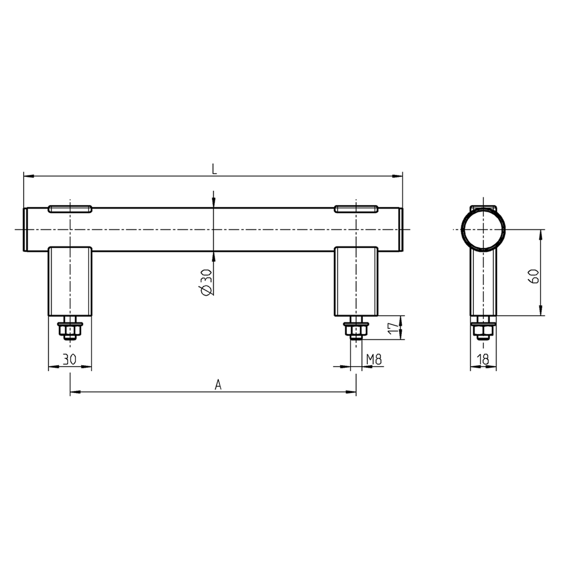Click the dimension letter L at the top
click(x=214, y=169)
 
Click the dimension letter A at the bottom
click(x=218, y=385)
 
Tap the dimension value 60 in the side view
click(x=533, y=276)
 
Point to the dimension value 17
click(x=392, y=329)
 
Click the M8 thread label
click(x=374, y=360)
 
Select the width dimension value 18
click(x=483, y=360)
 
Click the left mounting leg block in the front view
click(x=70, y=280)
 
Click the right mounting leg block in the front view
click(x=356, y=280)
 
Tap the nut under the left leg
click(x=70, y=330)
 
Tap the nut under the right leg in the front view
click(x=356, y=330)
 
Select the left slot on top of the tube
click(x=70, y=208)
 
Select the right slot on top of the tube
click(x=356, y=208)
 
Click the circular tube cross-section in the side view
click(x=483, y=230)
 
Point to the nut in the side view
click(x=483, y=330)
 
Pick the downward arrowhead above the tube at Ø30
click(x=213, y=203)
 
